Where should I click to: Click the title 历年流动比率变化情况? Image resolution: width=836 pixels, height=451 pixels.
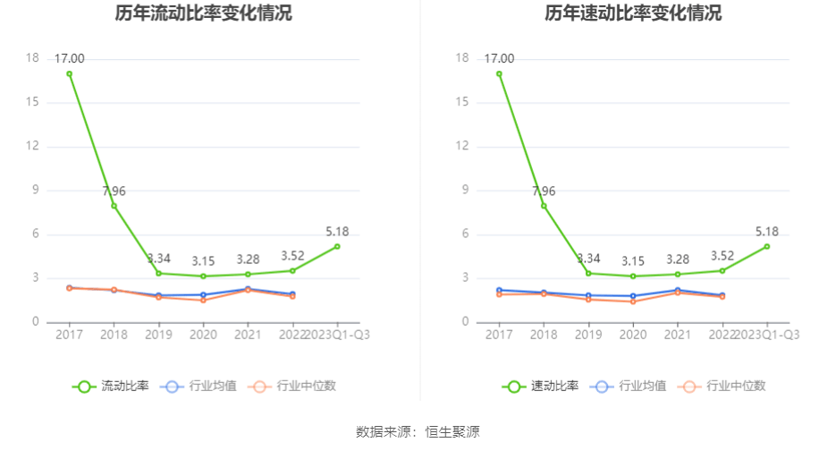point(203,13)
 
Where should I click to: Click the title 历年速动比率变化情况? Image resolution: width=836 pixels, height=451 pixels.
point(633,13)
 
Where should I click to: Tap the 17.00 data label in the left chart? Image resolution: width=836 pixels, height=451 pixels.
point(69,59)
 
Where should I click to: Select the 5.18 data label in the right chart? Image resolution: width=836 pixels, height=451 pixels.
point(767,232)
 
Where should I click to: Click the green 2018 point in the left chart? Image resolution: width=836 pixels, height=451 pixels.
point(114,206)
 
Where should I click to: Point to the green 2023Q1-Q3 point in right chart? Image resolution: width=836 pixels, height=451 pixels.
point(767,246)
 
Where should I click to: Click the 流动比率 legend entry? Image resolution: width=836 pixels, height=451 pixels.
point(111,387)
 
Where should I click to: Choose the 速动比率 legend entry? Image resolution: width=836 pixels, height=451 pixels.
point(541,387)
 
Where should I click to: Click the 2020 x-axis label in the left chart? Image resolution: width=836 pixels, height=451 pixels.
point(203,335)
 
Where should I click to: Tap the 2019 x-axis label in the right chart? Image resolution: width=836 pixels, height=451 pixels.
point(588,335)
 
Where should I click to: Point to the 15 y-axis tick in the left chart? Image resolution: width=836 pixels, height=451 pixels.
point(32,102)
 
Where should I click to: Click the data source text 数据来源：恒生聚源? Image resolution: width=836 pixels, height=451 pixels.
point(418,432)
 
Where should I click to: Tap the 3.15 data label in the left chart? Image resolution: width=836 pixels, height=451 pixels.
point(203,261)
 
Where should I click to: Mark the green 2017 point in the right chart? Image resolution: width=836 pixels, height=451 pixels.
point(499,73)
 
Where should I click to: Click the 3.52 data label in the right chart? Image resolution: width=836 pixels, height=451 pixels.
point(722,256)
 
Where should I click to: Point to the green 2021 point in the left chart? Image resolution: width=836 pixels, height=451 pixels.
point(248,274)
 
